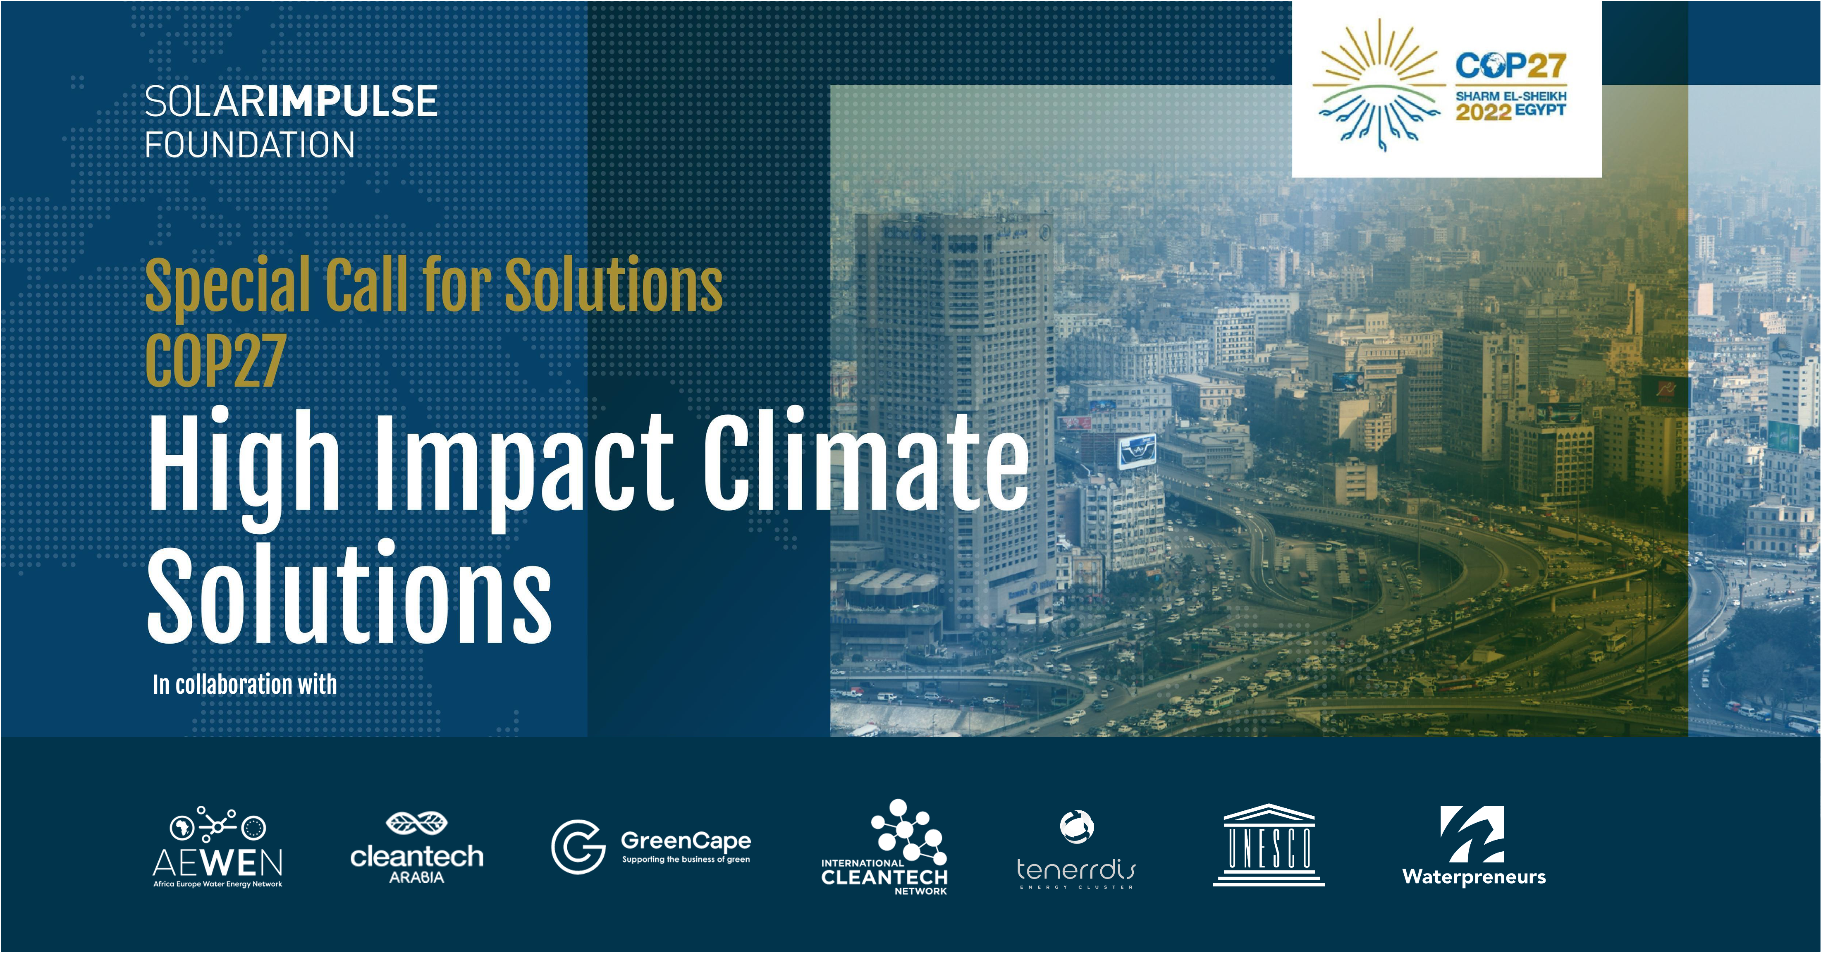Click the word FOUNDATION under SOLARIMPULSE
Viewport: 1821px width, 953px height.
[249, 146]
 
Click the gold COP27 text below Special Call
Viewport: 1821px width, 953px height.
[215, 361]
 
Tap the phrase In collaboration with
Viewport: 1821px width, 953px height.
[245, 684]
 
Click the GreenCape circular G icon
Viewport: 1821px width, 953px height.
[578, 846]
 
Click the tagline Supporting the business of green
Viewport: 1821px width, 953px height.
[686, 860]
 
